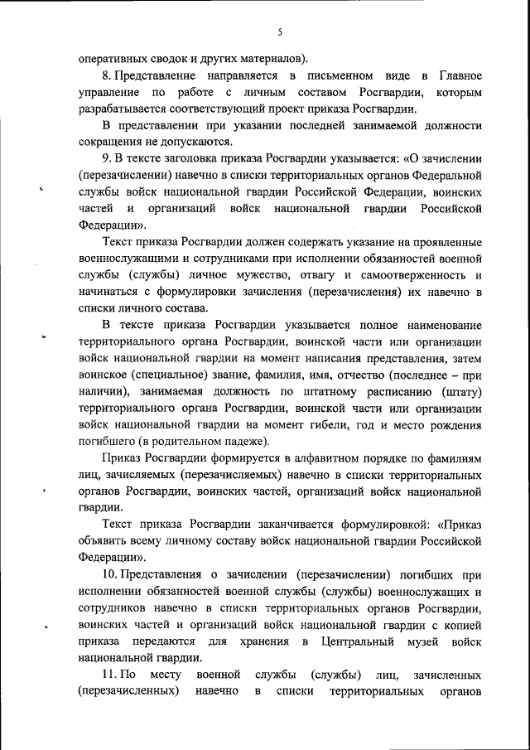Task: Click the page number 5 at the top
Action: click(x=280, y=31)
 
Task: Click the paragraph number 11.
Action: click(x=109, y=675)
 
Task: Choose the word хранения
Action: click(x=266, y=641)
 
